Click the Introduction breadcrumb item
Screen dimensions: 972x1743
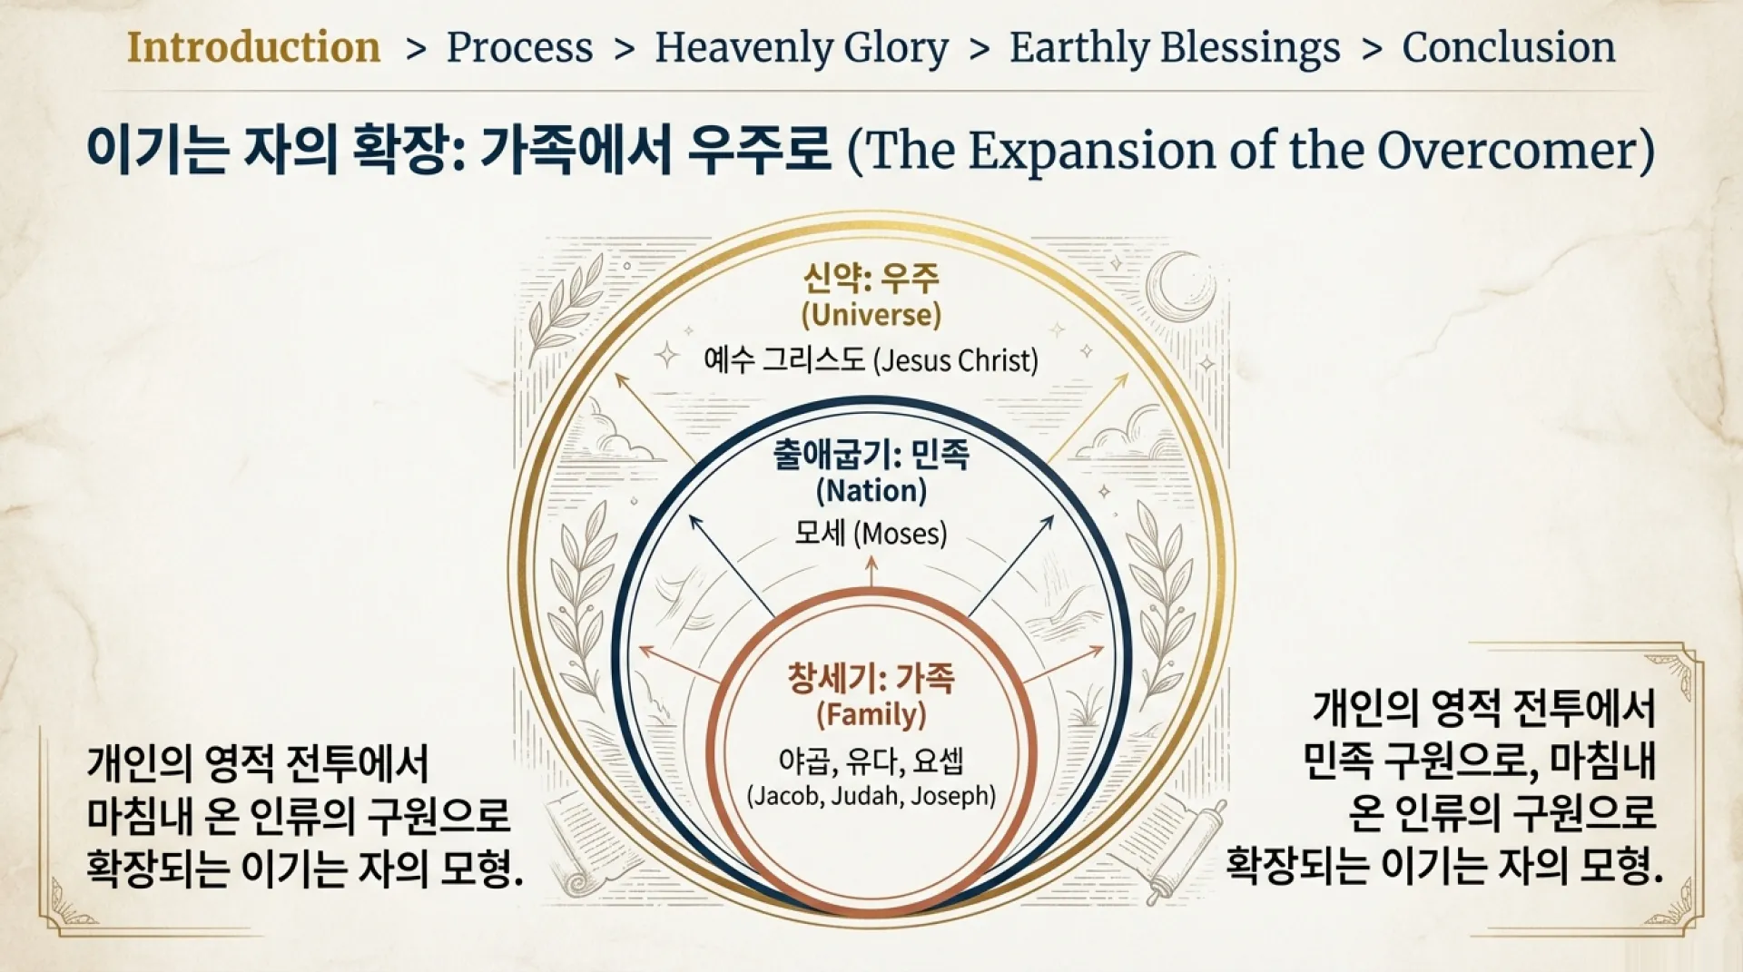click(x=253, y=47)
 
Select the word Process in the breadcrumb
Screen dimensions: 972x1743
click(x=519, y=47)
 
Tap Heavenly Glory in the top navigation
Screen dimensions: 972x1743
click(x=802, y=47)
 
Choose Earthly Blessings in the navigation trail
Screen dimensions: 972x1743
click(x=1175, y=47)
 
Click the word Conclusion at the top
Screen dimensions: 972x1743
click(x=1509, y=47)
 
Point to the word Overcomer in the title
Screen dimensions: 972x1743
click(x=1508, y=151)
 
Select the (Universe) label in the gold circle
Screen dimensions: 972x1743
click(x=871, y=315)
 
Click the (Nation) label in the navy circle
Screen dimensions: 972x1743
click(x=871, y=491)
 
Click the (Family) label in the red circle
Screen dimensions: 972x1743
click(x=871, y=715)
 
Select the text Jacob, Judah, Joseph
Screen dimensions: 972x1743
click(x=871, y=796)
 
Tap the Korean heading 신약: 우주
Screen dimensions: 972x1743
click(x=871, y=277)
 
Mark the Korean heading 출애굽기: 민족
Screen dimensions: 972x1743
click(x=871, y=453)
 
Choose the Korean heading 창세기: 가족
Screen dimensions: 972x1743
click(x=871, y=678)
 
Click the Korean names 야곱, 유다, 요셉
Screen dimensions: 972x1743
click(x=871, y=761)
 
